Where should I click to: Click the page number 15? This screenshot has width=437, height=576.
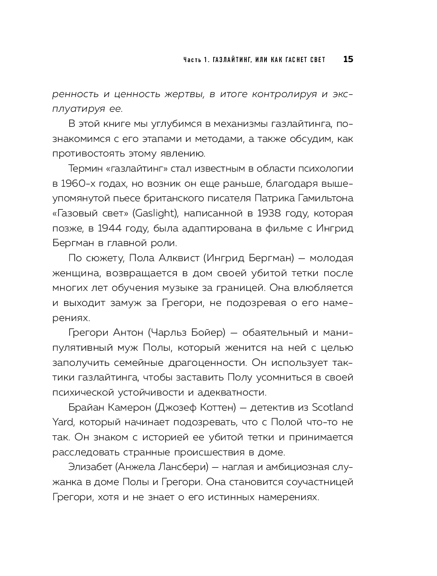pos(348,59)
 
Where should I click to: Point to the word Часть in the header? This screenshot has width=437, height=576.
pos(191,60)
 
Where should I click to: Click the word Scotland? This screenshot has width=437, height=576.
pos(332,408)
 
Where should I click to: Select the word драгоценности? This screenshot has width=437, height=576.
pos(207,363)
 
